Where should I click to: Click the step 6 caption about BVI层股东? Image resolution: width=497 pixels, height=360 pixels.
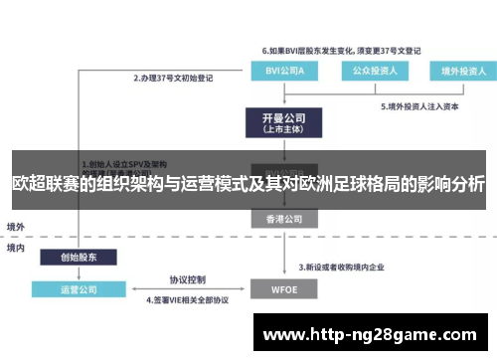(x=340, y=50)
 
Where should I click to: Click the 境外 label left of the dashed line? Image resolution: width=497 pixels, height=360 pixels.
(x=17, y=225)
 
